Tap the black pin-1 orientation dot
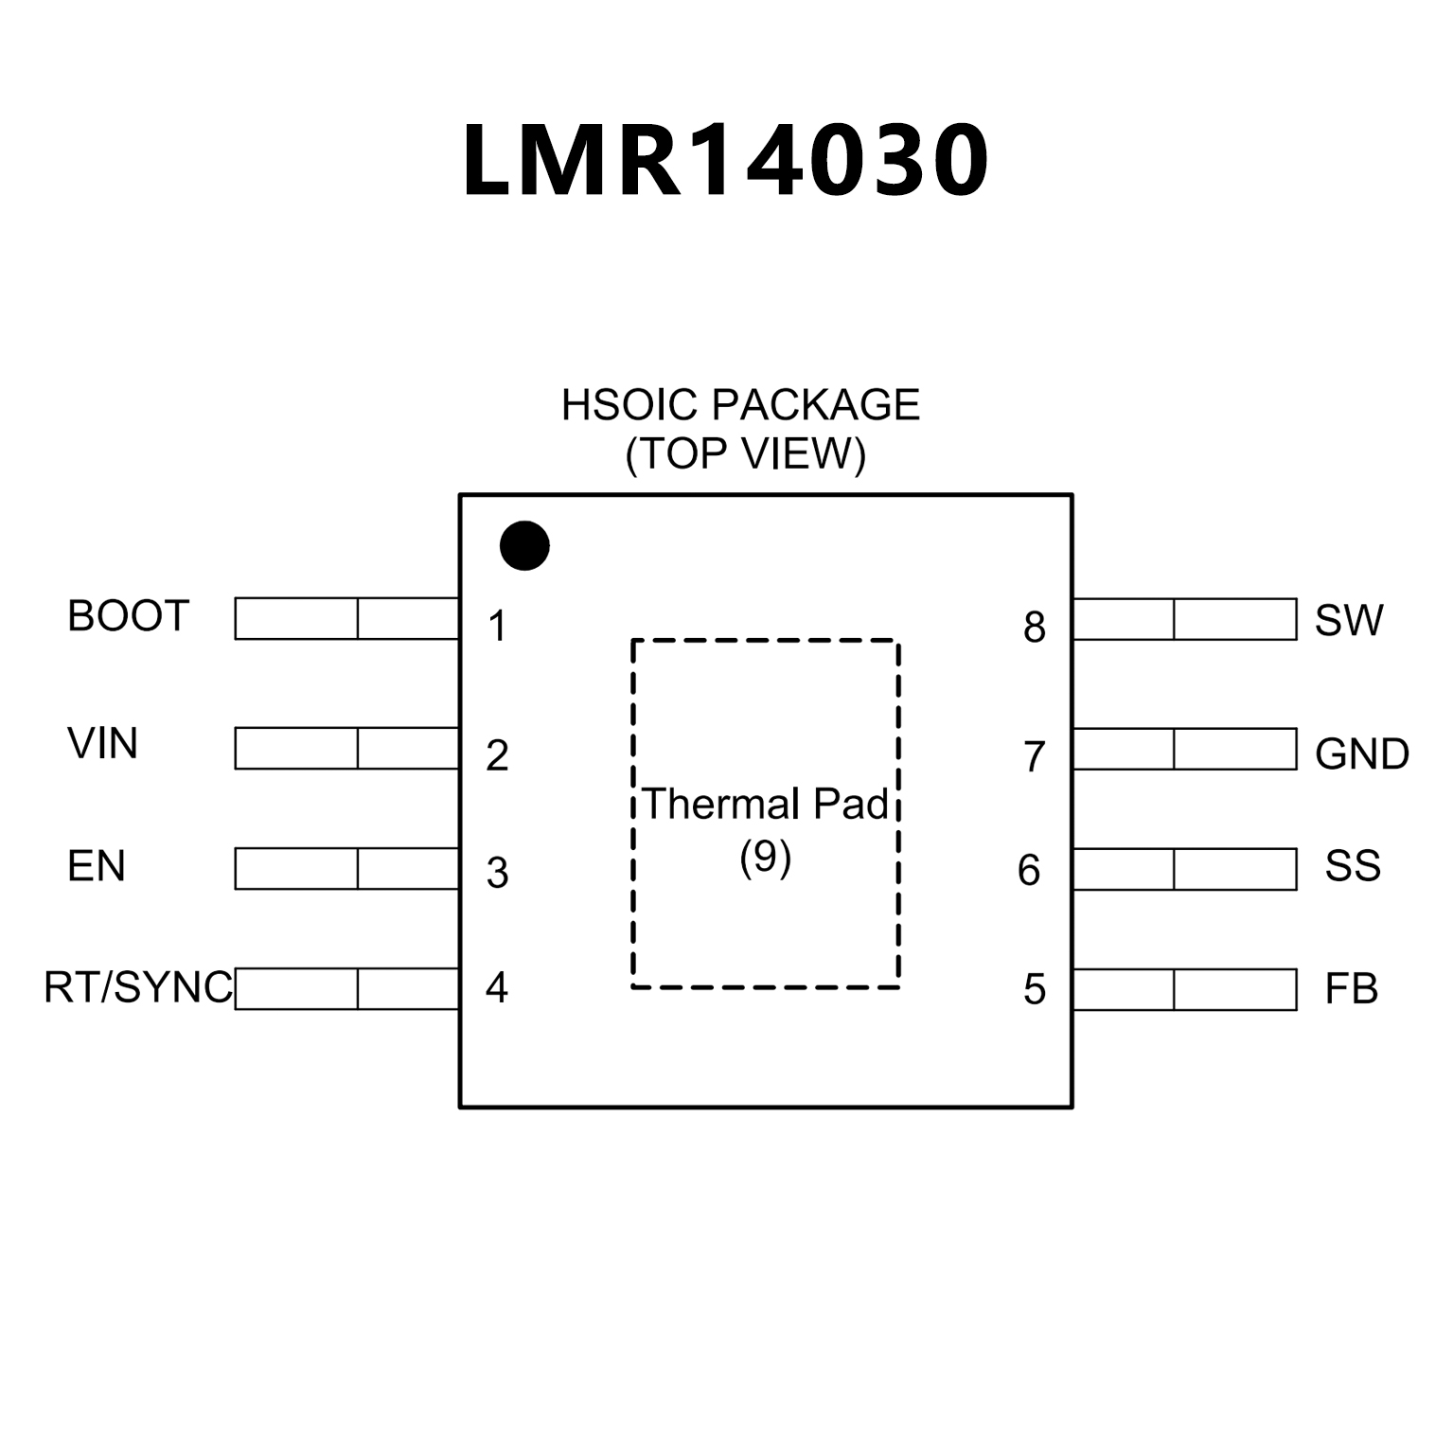(x=524, y=546)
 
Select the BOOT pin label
(x=129, y=616)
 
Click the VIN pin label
(x=102, y=744)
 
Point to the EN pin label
(x=97, y=866)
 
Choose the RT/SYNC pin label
(x=138, y=988)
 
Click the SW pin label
(x=1349, y=621)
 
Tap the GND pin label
(x=1362, y=754)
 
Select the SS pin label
(x=1353, y=866)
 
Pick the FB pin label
(x=1351, y=989)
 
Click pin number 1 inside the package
(x=498, y=627)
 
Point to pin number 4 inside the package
(x=497, y=988)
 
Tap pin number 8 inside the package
(x=1035, y=628)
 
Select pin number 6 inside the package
(x=1029, y=871)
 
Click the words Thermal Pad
(x=766, y=805)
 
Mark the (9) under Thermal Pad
(x=765, y=857)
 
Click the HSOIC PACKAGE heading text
(x=740, y=405)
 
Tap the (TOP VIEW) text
(x=745, y=453)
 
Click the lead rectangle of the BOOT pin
(x=346, y=619)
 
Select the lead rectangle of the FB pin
(x=1185, y=990)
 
